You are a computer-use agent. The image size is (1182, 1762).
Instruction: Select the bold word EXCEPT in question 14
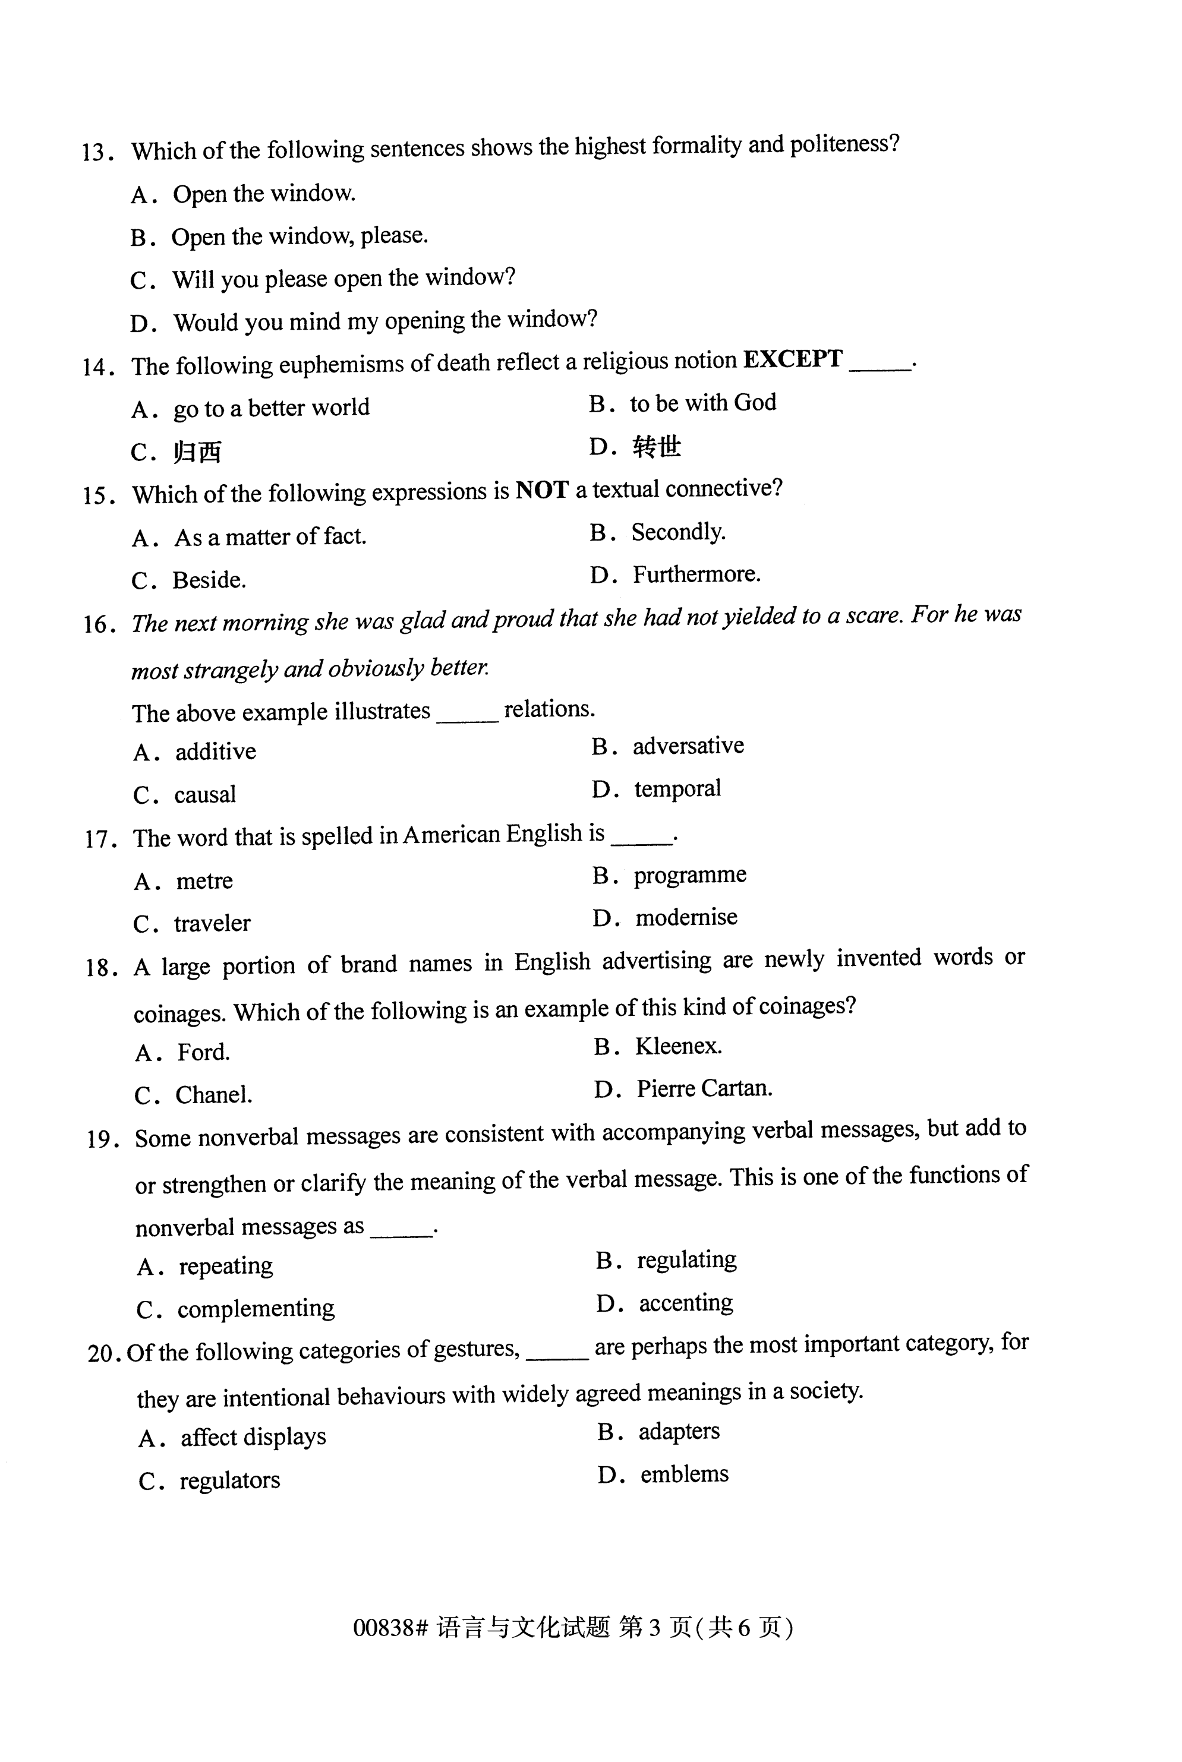[792, 359]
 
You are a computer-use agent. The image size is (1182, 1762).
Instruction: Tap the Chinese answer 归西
[197, 452]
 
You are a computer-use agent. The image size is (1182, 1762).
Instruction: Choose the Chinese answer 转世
[657, 447]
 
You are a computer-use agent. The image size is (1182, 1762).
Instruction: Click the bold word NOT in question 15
[541, 491]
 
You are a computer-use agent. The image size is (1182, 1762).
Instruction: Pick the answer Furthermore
[696, 575]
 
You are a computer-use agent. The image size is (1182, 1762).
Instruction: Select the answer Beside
[209, 580]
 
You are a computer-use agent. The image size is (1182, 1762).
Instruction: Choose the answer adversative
[688, 746]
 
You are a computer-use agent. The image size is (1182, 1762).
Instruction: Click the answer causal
[204, 794]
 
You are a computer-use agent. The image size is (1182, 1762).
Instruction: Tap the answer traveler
[212, 923]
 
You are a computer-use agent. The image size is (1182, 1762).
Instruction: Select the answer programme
[690, 876]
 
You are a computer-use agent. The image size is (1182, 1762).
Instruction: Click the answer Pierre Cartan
[704, 1088]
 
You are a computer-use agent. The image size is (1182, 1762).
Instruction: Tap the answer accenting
[685, 1303]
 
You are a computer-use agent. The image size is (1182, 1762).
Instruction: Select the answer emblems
[685, 1474]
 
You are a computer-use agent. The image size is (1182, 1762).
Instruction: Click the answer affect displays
[253, 1437]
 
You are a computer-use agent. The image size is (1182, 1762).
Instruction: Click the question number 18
[99, 968]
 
